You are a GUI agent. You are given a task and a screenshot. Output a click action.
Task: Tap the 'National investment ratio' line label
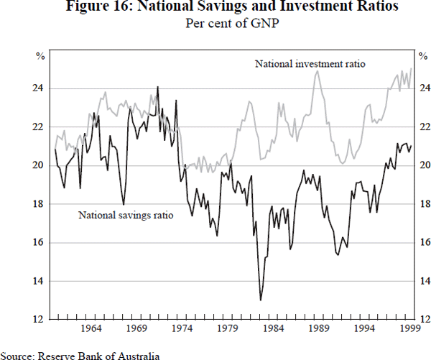point(310,64)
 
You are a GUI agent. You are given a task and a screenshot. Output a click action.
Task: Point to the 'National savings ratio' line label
point(126,214)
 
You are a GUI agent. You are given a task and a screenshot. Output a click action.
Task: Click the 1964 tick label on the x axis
point(91,330)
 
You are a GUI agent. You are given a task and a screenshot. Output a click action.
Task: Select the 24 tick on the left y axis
point(37,88)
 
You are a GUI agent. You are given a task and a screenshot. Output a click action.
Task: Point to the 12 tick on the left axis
point(37,319)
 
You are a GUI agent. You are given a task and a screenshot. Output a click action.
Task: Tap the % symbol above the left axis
point(40,55)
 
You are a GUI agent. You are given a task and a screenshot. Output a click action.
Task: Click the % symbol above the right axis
point(422,55)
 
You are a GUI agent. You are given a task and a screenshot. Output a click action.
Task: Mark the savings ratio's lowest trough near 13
point(261,300)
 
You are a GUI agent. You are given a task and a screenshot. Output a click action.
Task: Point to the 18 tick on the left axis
point(37,204)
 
